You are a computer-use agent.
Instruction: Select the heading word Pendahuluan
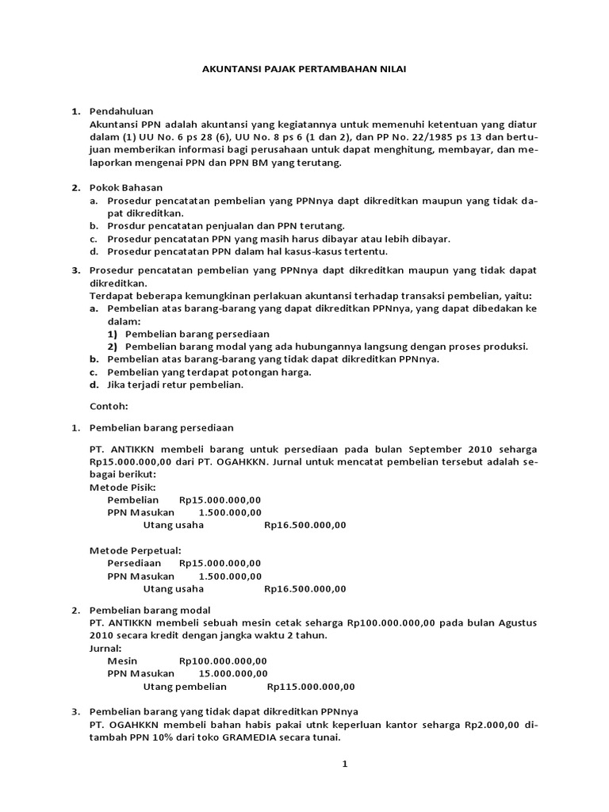coord(121,111)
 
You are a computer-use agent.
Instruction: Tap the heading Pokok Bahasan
coord(125,188)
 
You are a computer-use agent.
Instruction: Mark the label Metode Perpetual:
coord(136,550)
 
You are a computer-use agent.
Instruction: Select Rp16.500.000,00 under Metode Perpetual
coord(305,588)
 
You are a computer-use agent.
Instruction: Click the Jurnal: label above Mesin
coord(105,648)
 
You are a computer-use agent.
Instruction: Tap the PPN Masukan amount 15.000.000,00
coord(232,674)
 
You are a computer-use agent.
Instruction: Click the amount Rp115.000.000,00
coord(311,687)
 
